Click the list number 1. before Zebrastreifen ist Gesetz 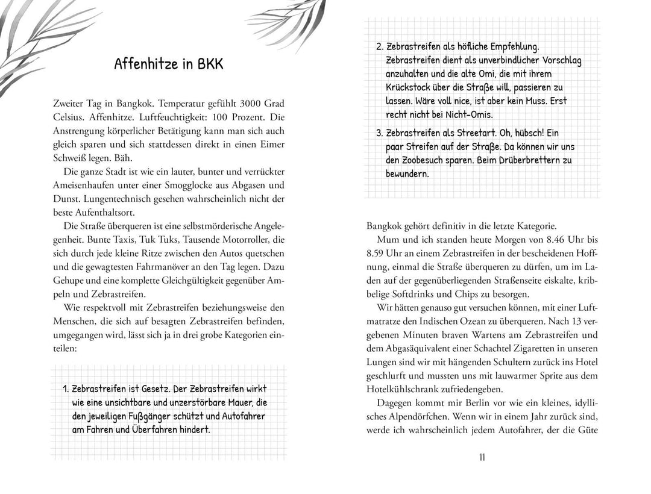pyautogui.click(x=66, y=389)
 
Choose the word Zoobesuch pyautogui.click(x=430, y=160)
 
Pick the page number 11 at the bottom pyautogui.click(x=482, y=457)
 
